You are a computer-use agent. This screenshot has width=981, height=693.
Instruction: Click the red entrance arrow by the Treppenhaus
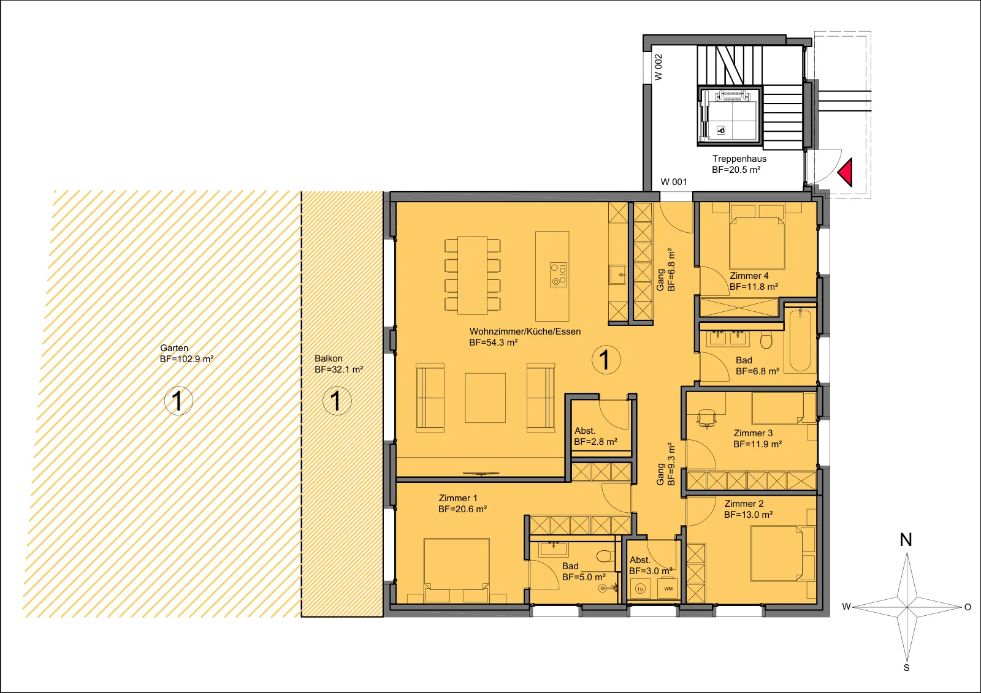pyautogui.click(x=846, y=172)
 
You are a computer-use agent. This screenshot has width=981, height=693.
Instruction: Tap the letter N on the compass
pyautogui.click(x=906, y=540)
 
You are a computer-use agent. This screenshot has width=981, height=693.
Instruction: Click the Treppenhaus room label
pyautogui.click(x=739, y=159)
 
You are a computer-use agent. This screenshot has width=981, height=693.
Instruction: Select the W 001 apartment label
pyautogui.click(x=674, y=182)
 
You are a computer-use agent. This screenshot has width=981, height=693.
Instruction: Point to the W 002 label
pyautogui.click(x=658, y=67)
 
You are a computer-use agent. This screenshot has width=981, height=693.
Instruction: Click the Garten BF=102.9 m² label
pyautogui.click(x=186, y=354)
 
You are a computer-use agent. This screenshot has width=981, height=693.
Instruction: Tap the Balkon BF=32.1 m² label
pyautogui.click(x=339, y=364)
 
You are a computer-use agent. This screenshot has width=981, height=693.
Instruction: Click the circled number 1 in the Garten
pyautogui.click(x=178, y=401)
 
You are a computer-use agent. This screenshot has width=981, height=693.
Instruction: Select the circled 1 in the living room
pyautogui.click(x=606, y=360)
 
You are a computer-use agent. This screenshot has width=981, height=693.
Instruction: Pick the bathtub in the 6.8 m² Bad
pyautogui.click(x=800, y=340)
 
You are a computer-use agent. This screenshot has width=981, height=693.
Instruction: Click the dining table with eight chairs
pyautogui.click(x=473, y=275)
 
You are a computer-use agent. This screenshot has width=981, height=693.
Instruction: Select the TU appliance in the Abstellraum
pyautogui.click(x=640, y=589)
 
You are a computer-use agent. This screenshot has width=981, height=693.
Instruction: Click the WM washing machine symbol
pyautogui.click(x=668, y=589)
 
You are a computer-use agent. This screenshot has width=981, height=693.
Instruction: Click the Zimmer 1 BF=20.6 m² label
pyautogui.click(x=462, y=504)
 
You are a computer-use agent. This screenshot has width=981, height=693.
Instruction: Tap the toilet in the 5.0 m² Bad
pyautogui.click(x=605, y=555)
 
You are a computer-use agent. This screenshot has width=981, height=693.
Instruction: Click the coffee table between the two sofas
pyautogui.click(x=485, y=398)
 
